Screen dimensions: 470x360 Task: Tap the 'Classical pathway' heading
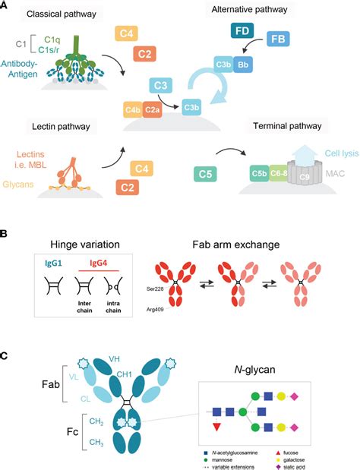53,14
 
